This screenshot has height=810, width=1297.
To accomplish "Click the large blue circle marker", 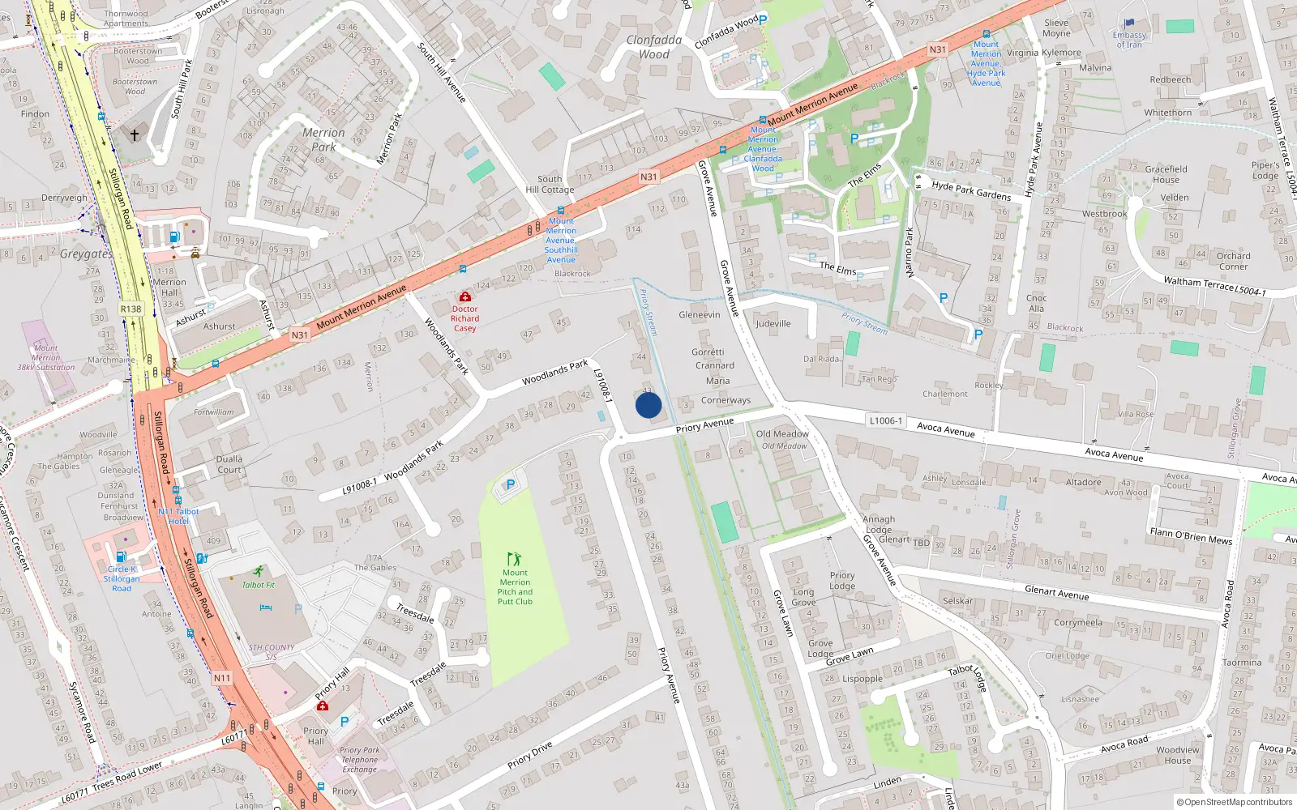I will [648, 405].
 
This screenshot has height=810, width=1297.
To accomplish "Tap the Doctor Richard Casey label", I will [465, 318].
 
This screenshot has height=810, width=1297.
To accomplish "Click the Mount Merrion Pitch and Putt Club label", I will [515, 587].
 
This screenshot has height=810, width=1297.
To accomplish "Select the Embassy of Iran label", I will [1129, 40].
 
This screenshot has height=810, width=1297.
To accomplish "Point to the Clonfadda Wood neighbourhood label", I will [654, 47].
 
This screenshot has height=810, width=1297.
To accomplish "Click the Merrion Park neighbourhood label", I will [323, 139].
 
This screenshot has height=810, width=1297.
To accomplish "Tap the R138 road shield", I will [131, 309].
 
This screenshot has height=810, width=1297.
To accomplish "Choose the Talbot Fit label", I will [259, 585].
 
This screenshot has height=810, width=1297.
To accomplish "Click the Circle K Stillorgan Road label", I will [122, 578].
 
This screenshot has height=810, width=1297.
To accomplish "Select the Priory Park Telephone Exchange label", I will [359, 760].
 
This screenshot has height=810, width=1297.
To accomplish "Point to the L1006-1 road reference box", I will [885, 420].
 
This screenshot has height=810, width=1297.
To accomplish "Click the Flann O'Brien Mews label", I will [1191, 535].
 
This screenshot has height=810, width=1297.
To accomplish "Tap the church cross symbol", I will [135, 135].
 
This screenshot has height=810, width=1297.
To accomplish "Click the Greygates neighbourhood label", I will [86, 254].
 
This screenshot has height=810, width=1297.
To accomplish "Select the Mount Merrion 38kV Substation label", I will [46, 358].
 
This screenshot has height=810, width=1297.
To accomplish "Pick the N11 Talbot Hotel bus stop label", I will [178, 516].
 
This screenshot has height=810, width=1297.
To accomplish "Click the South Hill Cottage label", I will [550, 185].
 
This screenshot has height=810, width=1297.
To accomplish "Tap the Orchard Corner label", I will [1233, 261].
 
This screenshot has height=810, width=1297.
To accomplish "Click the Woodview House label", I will [1178, 755].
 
